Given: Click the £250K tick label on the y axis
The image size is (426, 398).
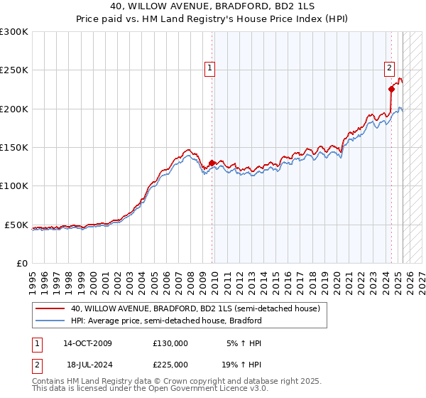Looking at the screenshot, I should [14, 70].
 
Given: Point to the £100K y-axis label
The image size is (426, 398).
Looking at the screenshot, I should [14, 186].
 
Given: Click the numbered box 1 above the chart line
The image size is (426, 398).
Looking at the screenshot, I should [211, 68].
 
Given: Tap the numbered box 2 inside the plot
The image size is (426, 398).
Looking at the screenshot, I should [390, 68].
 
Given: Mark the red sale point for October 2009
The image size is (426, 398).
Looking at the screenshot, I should [212, 163].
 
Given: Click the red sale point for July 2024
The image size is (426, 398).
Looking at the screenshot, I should [391, 89].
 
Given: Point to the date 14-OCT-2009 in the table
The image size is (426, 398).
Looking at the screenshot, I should [87, 343].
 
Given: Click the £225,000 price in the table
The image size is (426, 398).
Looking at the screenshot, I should [170, 364].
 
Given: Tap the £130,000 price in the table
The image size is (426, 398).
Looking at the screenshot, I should [170, 343].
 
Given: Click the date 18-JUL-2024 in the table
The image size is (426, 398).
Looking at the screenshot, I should [87, 364].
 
